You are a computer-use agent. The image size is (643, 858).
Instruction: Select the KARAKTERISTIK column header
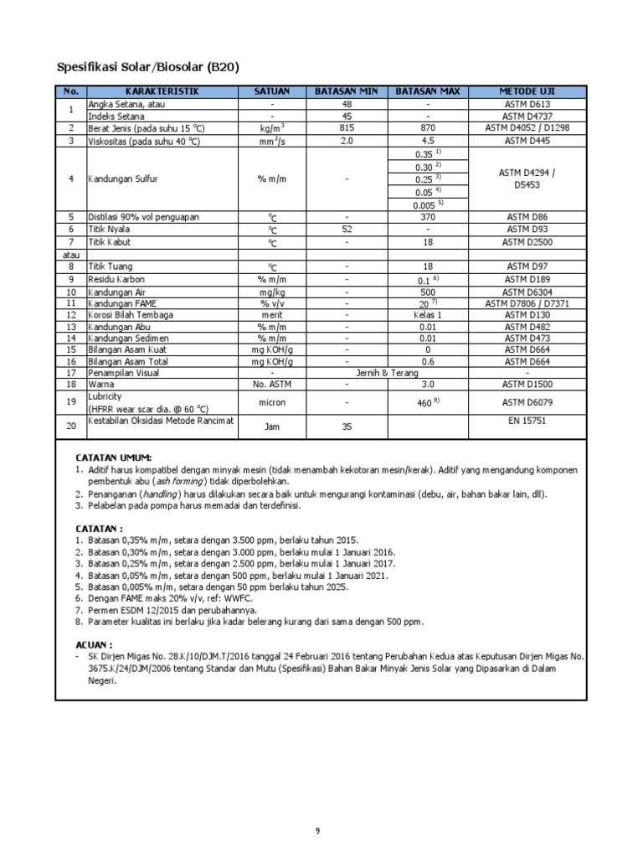pos(159,90)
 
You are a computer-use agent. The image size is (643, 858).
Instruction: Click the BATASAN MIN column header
pos(347,90)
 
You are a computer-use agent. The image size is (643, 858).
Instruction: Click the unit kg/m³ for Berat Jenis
pos(272,128)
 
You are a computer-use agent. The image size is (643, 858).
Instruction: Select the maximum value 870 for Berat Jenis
pos(428,128)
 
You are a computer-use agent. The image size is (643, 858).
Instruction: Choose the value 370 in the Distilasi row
pos(428,217)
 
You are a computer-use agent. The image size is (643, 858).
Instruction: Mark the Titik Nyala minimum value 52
pos(347,230)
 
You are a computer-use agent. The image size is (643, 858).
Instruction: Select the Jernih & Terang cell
pos(387,373)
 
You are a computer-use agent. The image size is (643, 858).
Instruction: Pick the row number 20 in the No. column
pos(71,426)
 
